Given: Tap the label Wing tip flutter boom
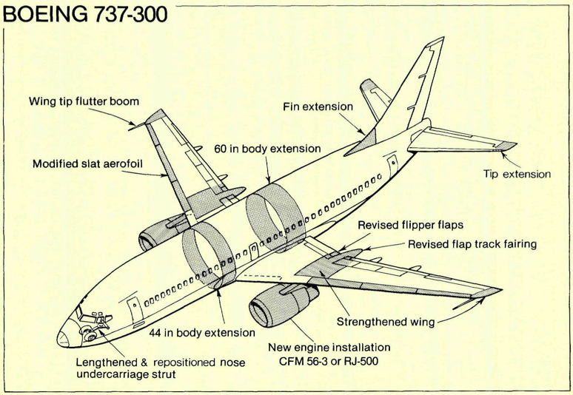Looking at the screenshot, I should (84, 101).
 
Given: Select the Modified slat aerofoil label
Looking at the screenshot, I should (87, 163).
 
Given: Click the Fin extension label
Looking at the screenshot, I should (318, 107).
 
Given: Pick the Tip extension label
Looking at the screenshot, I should (517, 175).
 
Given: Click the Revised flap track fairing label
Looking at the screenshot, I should (472, 244).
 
